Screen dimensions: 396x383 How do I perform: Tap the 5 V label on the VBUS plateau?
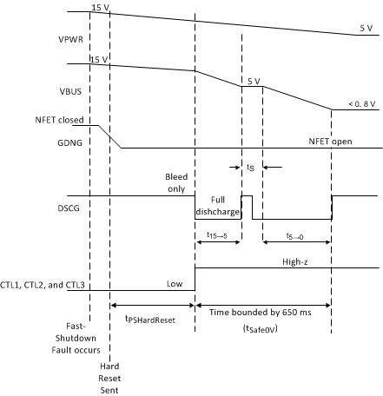tap(254, 80)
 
